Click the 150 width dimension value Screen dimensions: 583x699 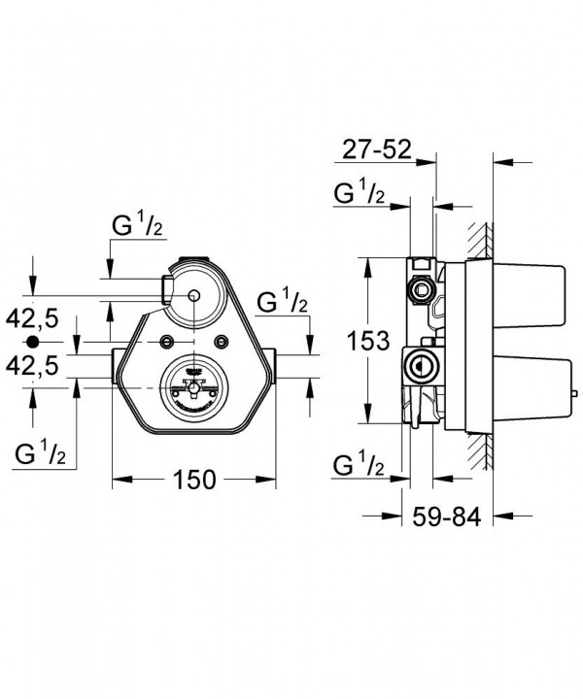coord(194,480)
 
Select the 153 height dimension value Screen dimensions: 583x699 coord(368,341)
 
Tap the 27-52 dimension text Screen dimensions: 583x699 coord(376,150)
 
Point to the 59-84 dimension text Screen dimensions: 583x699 coord(447,517)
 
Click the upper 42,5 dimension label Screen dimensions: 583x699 coord(32,319)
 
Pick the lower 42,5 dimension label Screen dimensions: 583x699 coord(32,366)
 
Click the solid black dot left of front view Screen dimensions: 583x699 coord(32,342)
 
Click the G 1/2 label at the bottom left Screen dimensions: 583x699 coord(40,452)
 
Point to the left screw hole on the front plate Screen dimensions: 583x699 coord(168,341)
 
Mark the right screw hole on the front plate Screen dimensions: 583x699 coord(222,341)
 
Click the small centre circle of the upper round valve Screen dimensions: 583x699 coord(193,295)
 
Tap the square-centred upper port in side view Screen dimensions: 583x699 coord(421,290)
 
